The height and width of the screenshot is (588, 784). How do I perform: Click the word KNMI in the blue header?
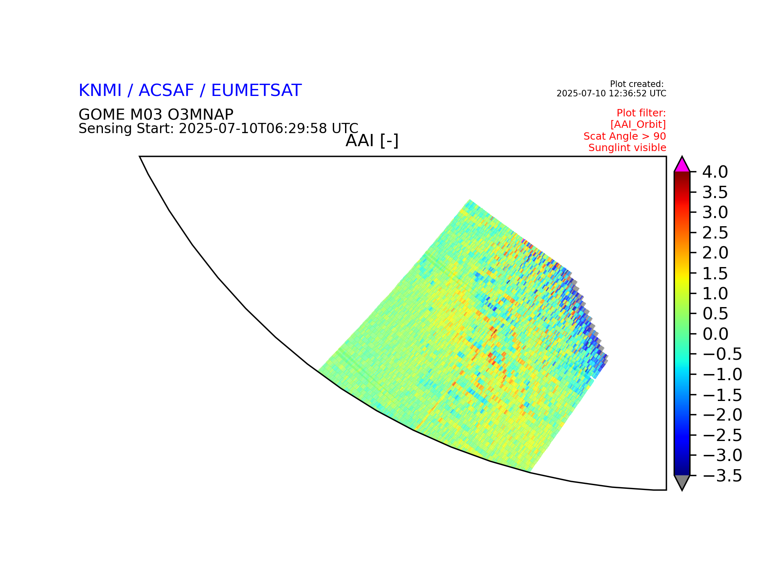tap(100, 91)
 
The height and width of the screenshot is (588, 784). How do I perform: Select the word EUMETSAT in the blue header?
tap(256, 91)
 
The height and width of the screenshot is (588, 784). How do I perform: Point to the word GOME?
tap(102, 115)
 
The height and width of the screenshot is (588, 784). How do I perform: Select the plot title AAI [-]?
tap(372, 141)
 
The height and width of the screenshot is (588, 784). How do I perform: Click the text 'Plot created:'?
tap(637, 85)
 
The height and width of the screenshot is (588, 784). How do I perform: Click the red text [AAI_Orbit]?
tap(638, 125)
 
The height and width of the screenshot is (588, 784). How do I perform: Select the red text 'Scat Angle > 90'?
tap(625, 136)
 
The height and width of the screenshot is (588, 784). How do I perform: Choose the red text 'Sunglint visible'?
tap(627, 148)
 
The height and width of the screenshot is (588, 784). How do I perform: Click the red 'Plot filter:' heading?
tap(641, 113)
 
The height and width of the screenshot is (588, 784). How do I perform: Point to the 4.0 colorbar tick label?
tap(715, 172)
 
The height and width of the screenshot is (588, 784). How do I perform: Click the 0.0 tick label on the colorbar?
tap(715, 334)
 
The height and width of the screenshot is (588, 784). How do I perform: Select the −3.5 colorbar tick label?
tap(722, 476)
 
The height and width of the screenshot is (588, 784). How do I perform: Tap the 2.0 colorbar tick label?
tap(715, 253)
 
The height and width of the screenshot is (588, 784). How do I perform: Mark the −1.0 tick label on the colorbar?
tap(722, 375)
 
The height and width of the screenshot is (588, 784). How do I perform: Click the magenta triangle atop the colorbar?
tap(682, 166)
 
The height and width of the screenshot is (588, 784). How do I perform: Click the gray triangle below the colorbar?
tap(682, 481)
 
